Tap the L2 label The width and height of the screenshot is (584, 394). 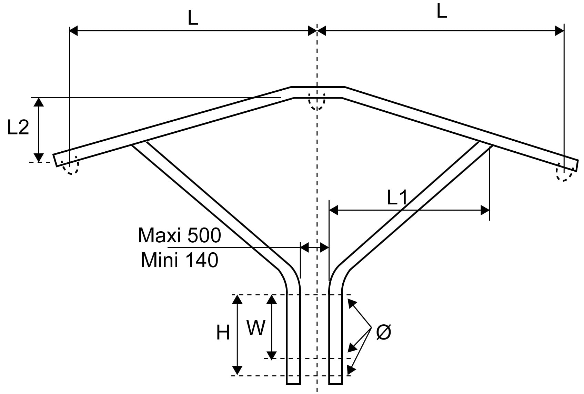pos(18,128)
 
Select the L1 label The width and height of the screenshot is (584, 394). pos(397,198)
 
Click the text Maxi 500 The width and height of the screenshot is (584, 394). pos(179,236)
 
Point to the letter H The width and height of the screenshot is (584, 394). pos(223,333)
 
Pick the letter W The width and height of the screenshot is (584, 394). pos(256,328)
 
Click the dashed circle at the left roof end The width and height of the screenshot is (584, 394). pos(70,167)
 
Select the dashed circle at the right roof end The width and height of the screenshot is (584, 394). pos(564,174)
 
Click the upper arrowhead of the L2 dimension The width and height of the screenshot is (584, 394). pos(39,102)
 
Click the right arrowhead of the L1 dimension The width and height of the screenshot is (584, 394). pos(485,210)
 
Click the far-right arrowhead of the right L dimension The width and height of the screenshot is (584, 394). pos(560,31)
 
